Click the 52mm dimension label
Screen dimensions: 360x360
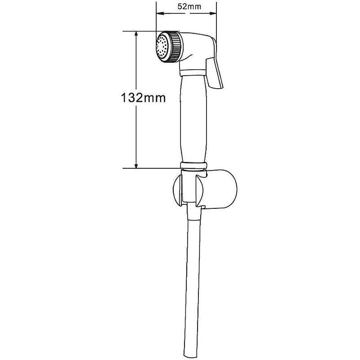(x=189, y=6)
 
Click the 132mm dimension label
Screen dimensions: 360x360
(x=143, y=98)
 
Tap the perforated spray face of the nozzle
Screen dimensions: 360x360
(x=162, y=47)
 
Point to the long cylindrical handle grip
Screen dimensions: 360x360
(x=193, y=119)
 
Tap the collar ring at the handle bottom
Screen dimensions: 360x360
(x=193, y=165)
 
